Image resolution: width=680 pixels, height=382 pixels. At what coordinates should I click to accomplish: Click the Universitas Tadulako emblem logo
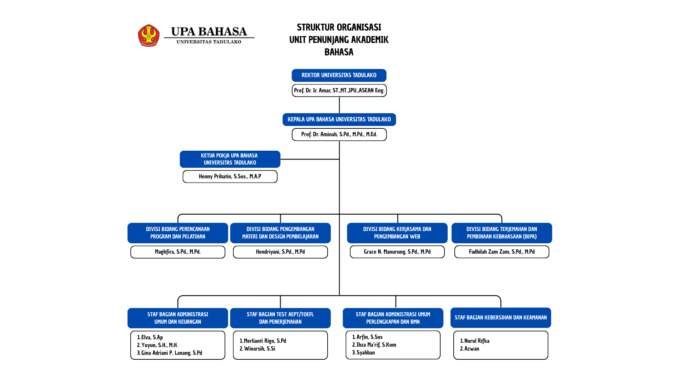click(149, 35)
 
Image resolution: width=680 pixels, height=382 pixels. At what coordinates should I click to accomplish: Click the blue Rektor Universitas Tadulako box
click(339, 75)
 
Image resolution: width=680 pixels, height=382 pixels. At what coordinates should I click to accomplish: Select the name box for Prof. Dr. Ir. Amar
click(339, 91)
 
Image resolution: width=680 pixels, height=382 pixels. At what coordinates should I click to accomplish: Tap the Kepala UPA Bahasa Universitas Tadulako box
click(339, 120)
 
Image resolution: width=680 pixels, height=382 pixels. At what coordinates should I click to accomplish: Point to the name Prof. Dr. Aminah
click(339, 134)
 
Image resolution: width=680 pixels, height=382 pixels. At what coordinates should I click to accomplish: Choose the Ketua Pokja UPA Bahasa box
click(230, 159)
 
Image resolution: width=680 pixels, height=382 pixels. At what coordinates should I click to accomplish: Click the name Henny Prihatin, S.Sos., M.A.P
click(230, 176)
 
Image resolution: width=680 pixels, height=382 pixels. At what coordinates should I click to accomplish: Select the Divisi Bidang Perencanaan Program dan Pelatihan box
click(178, 233)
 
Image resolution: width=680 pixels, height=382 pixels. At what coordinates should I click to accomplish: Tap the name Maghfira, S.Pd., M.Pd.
click(178, 252)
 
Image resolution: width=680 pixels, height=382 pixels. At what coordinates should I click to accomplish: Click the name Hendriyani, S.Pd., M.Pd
click(280, 252)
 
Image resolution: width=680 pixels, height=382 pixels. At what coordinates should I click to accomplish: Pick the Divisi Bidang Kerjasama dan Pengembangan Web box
click(397, 233)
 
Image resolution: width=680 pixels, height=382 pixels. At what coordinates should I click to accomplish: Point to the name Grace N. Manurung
click(397, 252)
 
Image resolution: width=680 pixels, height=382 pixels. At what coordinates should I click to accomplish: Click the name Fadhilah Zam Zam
click(501, 252)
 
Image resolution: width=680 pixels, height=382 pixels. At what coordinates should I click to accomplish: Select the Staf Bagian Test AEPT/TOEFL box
click(280, 318)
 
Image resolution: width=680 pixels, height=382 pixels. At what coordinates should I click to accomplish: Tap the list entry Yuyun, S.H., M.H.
click(157, 345)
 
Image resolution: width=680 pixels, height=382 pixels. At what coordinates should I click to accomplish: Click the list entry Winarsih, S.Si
click(257, 349)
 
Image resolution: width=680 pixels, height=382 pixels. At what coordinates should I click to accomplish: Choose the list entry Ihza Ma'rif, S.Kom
click(374, 345)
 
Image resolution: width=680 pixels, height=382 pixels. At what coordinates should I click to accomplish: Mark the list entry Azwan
click(469, 349)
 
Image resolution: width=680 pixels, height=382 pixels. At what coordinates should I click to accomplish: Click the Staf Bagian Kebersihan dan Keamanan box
click(500, 318)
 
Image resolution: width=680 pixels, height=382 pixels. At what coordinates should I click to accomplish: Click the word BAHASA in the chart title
click(339, 52)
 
